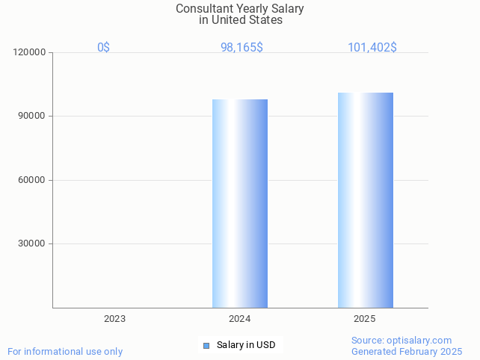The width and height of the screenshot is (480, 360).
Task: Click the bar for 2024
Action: pyautogui.click(x=239, y=203)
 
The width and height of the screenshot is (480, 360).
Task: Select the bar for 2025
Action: pyautogui.click(x=365, y=200)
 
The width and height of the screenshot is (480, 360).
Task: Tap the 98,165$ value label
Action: pyautogui.click(x=241, y=47)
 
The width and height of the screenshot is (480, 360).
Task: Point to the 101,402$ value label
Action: pyautogui.click(x=372, y=47)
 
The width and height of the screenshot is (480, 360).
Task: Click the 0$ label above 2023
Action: pyautogui.click(x=103, y=47)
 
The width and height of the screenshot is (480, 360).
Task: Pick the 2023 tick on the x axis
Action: pyautogui.click(x=114, y=319)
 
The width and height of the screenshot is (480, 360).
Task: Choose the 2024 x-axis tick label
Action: pyautogui.click(x=239, y=319)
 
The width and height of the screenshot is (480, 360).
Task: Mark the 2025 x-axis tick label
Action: pyautogui.click(x=364, y=319)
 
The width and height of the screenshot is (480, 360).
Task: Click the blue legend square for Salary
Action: pyautogui.click(x=206, y=345)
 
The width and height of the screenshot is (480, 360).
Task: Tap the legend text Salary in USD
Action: pyautogui.click(x=246, y=345)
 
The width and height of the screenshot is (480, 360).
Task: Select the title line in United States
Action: pyautogui.click(x=240, y=20)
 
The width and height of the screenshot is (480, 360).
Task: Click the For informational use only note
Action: pyautogui.click(x=65, y=351)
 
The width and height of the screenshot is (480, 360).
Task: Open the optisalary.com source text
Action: pyautogui.click(x=401, y=341)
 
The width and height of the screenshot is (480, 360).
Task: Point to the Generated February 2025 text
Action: pyautogui.click(x=407, y=351)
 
